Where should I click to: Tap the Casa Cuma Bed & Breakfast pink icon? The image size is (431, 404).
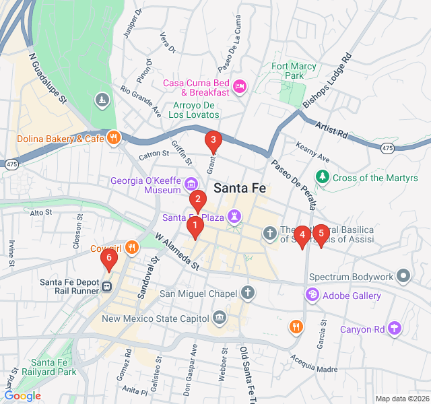240,86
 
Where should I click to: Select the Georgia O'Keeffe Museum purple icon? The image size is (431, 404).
191,184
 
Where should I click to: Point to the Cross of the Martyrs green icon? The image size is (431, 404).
323,178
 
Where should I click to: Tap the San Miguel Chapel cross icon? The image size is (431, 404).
248,293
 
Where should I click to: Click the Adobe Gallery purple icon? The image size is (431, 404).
312,295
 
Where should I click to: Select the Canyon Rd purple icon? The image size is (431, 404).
395,329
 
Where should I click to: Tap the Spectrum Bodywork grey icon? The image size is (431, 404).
403,276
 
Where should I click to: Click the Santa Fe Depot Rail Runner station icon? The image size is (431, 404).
107,287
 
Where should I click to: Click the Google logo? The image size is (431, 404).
22,396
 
